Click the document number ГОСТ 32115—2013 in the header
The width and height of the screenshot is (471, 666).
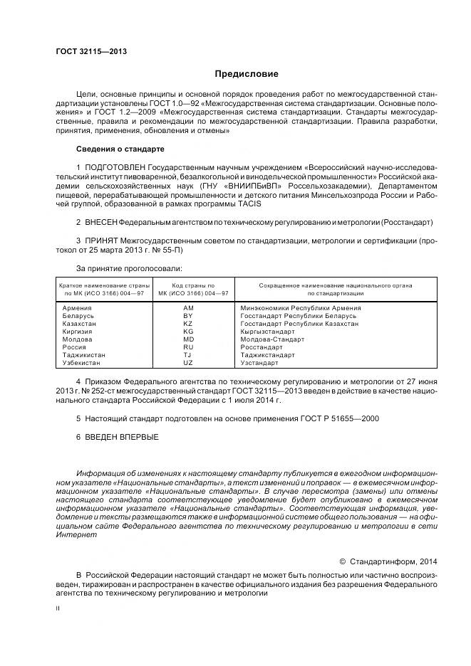pyautogui.click(x=86, y=51)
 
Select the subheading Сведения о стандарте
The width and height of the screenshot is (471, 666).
pyautogui.click(x=120, y=149)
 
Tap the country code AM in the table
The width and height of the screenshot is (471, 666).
pyautogui.click(x=188, y=308)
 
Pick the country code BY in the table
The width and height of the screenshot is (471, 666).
pyautogui.click(x=188, y=316)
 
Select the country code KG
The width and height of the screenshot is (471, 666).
pyautogui.click(x=188, y=332)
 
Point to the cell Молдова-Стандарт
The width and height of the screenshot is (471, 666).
pyautogui.click(x=272, y=339)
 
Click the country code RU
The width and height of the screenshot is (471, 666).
pyautogui.click(x=188, y=347)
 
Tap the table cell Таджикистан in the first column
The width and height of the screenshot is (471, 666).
pyautogui.click(x=84, y=355)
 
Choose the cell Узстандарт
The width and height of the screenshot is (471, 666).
pyautogui.click(x=263, y=363)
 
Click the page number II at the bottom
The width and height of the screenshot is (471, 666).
pyautogui.click(x=58, y=609)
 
